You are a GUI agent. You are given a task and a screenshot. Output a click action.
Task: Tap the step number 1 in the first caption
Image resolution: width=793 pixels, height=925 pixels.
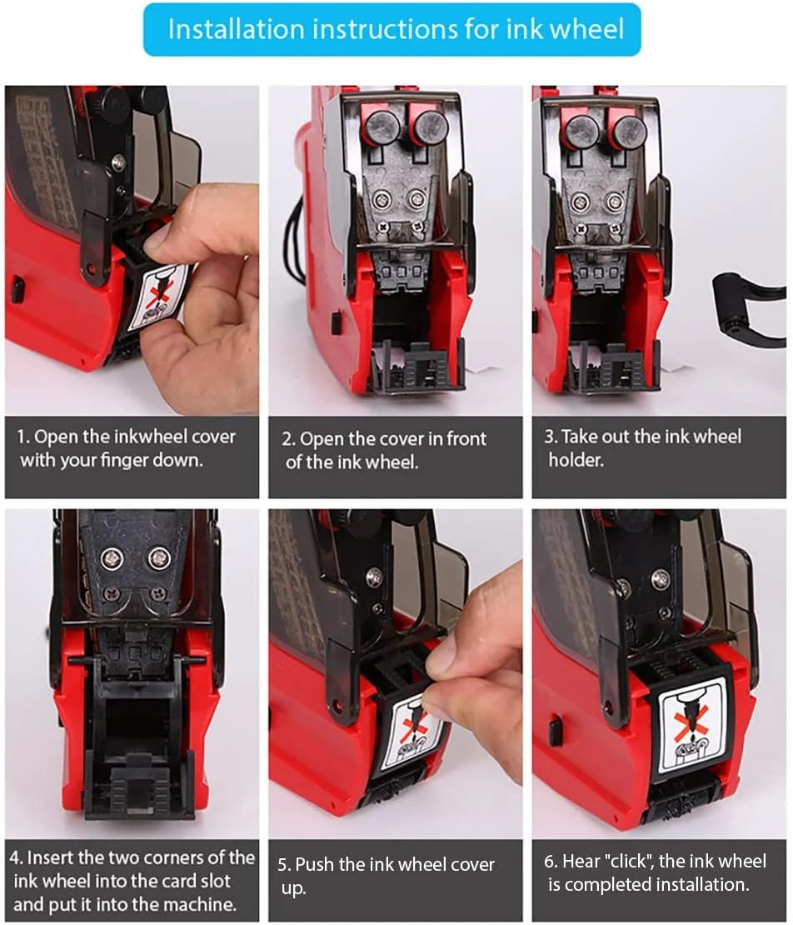[x=22, y=437]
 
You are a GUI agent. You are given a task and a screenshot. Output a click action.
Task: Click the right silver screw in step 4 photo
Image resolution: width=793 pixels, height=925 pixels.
[x=159, y=557]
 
